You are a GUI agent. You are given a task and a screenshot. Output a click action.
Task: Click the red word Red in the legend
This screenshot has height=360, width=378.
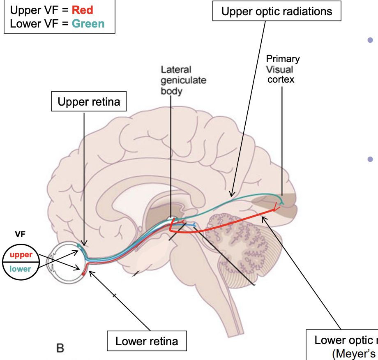[83, 9]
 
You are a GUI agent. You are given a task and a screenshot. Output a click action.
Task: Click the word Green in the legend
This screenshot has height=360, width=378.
[88, 23]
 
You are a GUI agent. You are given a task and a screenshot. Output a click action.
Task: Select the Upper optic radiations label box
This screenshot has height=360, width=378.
[277, 11]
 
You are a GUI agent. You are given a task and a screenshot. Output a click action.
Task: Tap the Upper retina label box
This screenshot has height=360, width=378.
[89, 102]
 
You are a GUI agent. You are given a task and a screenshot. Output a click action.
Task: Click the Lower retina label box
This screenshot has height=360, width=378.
[147, 341]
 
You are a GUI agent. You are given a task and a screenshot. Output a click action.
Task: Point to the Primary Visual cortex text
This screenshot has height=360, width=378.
[282, 69]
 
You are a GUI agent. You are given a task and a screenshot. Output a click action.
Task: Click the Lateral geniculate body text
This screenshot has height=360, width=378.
[181, 80]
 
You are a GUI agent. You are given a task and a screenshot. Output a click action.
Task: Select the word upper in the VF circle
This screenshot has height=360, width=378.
[21, 255]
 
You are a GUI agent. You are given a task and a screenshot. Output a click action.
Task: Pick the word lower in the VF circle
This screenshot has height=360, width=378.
[21, 269]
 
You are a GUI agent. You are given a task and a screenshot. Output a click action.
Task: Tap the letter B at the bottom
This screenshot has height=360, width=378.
[60, 348]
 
